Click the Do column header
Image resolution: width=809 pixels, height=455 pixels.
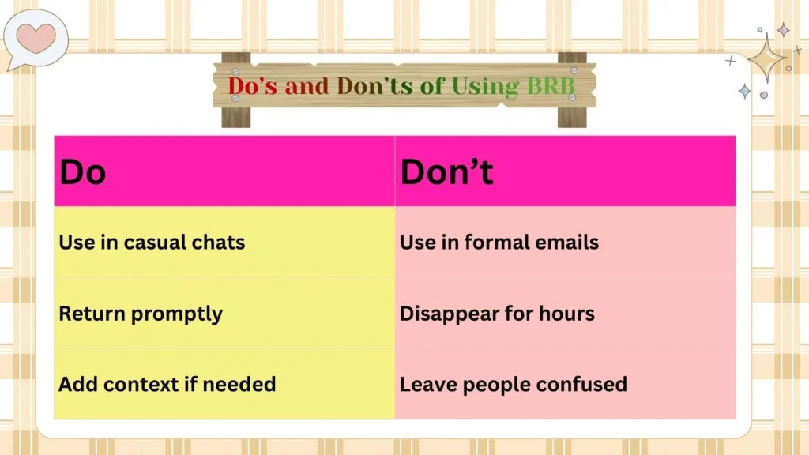pos(83,172)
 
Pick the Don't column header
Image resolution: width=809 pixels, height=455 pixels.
pos(446,172)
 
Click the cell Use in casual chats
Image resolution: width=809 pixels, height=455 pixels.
pos(152,242)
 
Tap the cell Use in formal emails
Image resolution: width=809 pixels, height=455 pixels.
pos(499,242)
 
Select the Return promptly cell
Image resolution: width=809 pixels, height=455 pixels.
pos(141,314)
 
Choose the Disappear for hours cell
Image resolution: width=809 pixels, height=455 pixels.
pos(497,314)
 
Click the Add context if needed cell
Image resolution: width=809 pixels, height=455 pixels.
pos(167,385)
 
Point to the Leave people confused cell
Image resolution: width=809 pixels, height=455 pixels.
pos(513,385)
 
